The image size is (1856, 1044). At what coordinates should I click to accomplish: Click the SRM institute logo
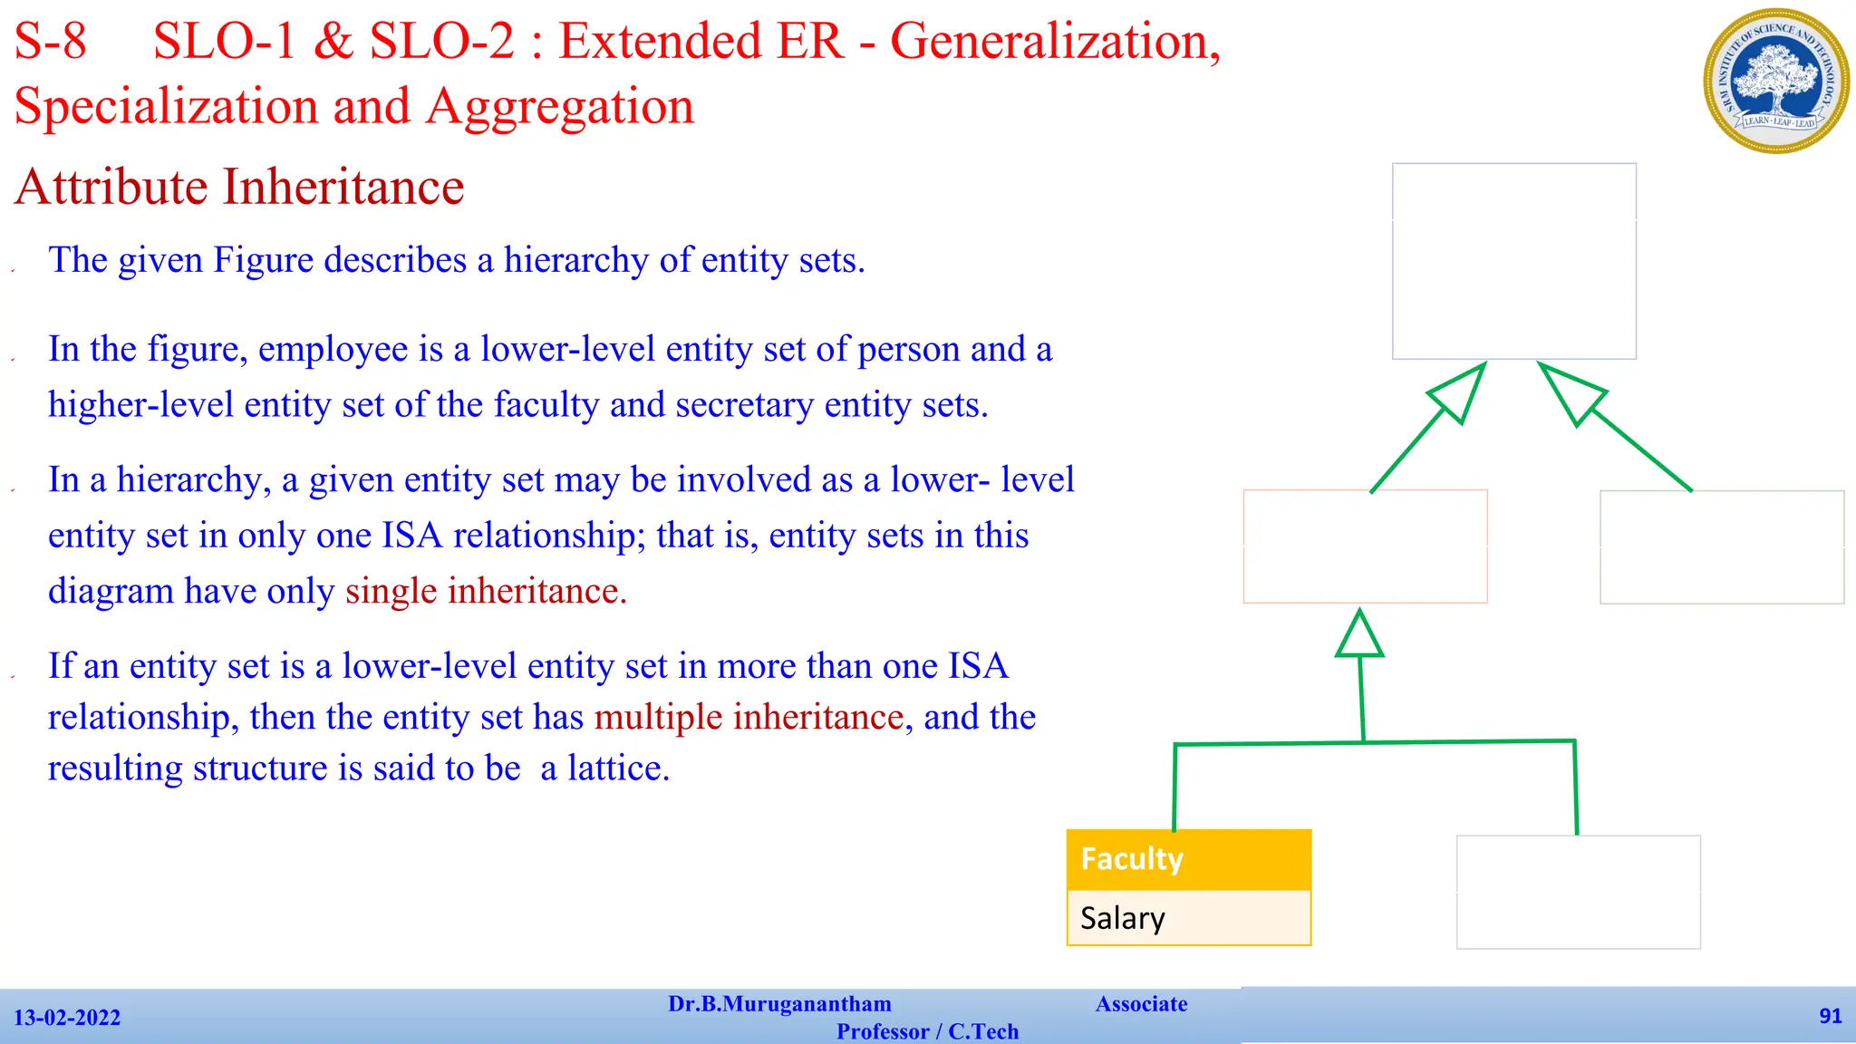point(1775,81)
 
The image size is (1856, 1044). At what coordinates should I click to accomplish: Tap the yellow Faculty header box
point(1188,859)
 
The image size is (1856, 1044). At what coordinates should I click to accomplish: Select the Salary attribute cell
point(1188,918)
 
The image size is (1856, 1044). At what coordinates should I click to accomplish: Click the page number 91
point(1830,1016)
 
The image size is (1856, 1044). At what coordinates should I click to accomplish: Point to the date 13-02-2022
point(67,1018)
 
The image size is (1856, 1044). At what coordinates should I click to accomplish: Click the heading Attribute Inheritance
point(239,188)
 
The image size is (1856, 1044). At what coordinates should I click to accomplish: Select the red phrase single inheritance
point(486,591)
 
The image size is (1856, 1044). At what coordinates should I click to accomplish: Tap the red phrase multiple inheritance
point(749,717)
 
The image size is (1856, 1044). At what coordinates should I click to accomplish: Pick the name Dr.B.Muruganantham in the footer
point(779,1004)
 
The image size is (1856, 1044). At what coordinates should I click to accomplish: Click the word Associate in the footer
point(1141,1004)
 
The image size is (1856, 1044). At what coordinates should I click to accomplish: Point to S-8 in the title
point(51,42)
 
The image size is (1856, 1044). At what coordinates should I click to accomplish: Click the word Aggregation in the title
point(559,107)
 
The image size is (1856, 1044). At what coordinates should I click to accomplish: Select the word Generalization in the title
point(1055,42)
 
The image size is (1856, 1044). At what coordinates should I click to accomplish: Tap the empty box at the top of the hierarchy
point(1513,261)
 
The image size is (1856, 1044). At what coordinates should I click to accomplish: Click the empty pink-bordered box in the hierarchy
point(1365,546)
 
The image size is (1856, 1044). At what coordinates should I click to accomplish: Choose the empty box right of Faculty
point(1578,892)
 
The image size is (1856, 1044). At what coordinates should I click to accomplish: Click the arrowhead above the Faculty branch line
point(1359,634)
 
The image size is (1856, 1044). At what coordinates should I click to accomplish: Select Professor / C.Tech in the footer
point(927,1031)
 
